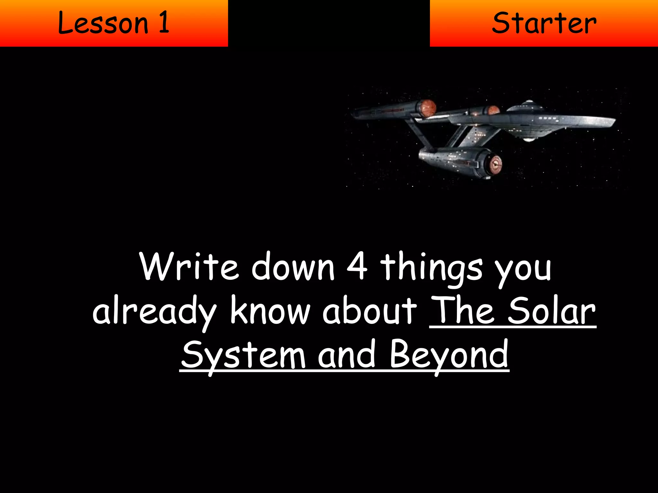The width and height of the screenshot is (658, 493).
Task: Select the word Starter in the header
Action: (x=544, y=23)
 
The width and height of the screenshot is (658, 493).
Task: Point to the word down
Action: (x=293, y=266)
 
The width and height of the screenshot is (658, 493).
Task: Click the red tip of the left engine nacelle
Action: (x=429, y=108)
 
